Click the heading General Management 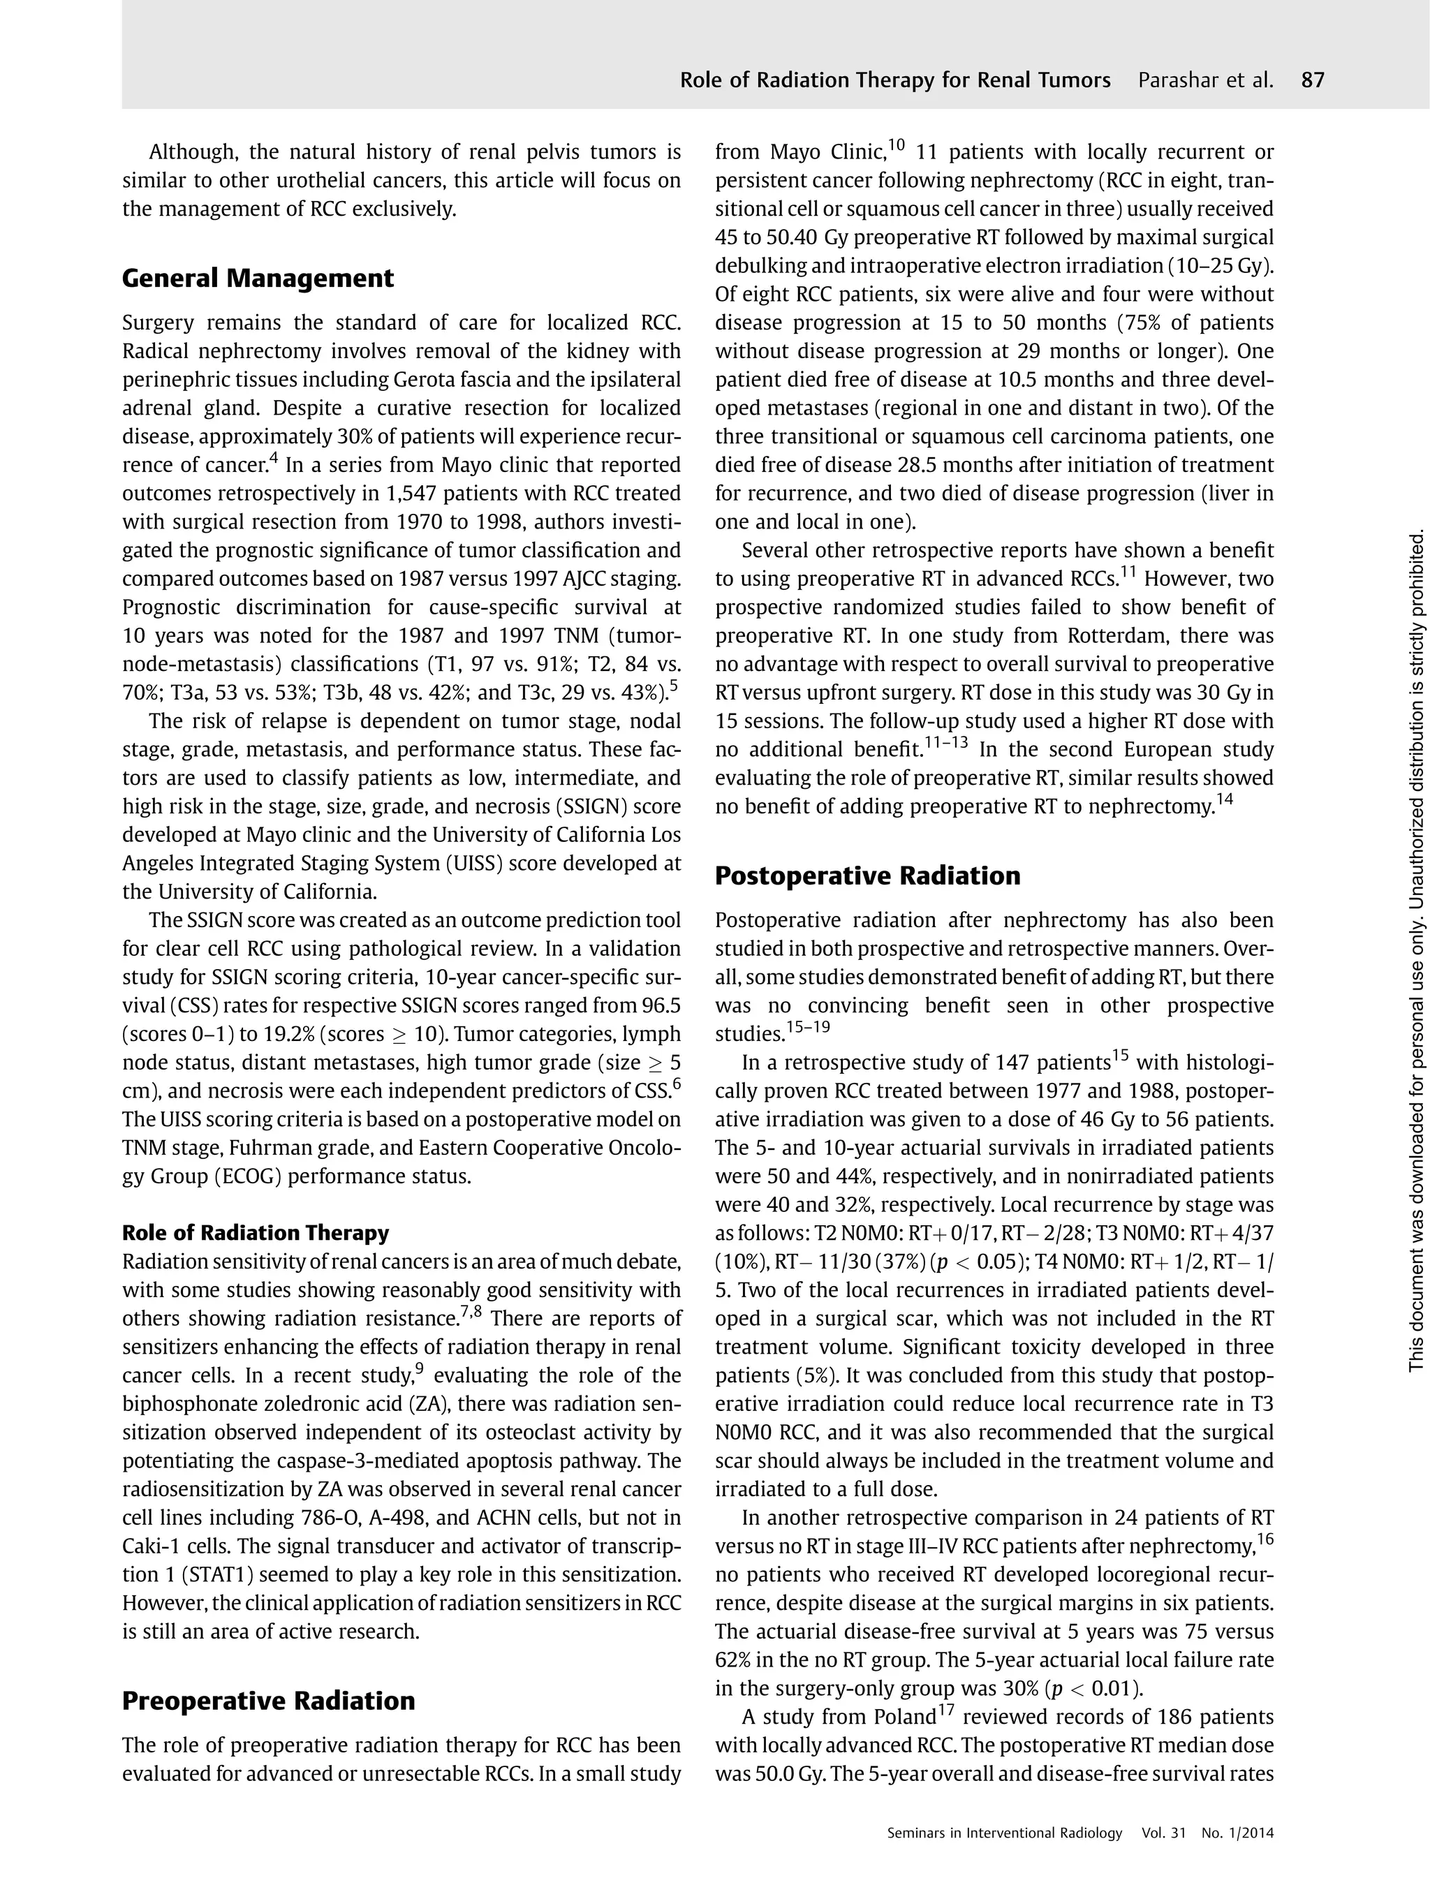point(258,279)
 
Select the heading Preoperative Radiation point(268,1701)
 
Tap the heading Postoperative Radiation point(868,875)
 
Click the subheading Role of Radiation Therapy point(255,1233)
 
